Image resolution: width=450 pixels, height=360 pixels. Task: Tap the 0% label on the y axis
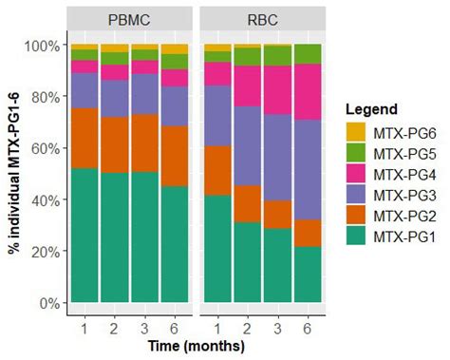click(48, 303)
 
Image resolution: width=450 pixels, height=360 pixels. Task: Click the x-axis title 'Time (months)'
click(196, 348)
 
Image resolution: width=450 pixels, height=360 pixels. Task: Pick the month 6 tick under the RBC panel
click(309, 328)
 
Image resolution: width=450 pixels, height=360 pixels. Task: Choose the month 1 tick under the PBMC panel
click(84, 328)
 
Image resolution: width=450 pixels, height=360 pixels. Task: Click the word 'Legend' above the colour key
click(371, 108)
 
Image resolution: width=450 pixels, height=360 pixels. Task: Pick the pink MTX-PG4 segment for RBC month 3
click(278, 90)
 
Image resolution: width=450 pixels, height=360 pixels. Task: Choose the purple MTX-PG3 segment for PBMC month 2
click(114, 99)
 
